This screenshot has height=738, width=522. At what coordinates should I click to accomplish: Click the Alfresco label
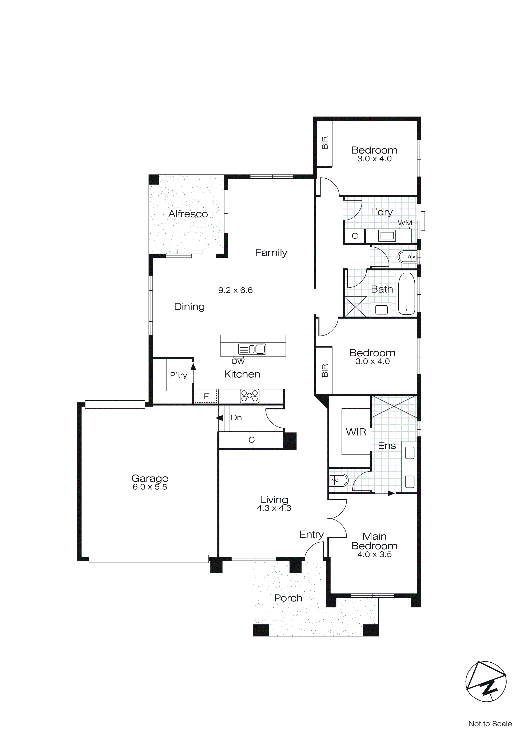point(188,214)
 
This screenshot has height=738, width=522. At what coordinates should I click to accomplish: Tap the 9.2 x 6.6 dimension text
point(235,290)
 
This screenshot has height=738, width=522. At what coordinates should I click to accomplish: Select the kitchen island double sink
point(252,349)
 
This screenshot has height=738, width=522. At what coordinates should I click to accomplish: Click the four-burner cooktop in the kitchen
point(250,396)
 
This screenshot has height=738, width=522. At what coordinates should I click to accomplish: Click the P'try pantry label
point(178,375)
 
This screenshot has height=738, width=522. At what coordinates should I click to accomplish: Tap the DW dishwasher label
point(238,361)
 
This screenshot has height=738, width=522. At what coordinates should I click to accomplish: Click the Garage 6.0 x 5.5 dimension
point(150,487)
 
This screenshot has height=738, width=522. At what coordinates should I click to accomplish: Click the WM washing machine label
point(405,223)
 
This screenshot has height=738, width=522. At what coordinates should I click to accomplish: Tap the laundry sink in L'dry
point(387,236)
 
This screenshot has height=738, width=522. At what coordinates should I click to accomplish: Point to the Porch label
point(288,598)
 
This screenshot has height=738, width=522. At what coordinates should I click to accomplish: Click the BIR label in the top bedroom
point(325,143)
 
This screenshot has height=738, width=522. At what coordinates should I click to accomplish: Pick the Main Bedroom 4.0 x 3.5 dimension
point(374,555)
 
